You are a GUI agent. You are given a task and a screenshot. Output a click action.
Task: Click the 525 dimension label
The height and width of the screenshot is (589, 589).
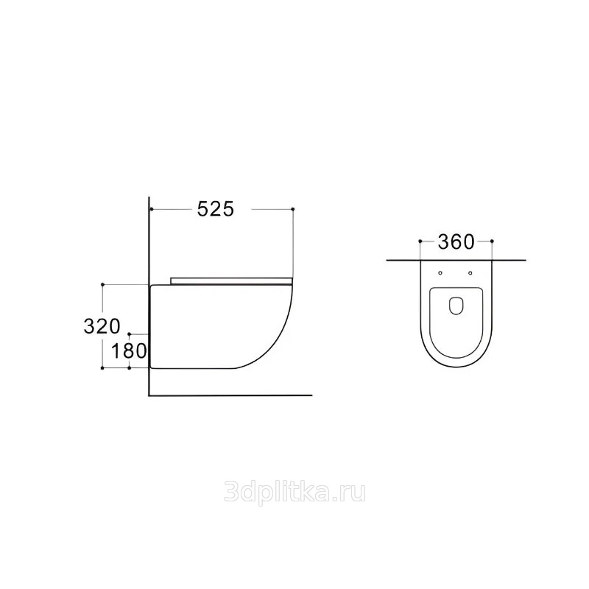pos(216,209)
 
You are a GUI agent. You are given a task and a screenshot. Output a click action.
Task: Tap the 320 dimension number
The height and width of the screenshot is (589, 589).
pos(102,326)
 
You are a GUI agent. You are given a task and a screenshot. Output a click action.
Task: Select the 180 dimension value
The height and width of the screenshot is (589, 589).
pos(128,351)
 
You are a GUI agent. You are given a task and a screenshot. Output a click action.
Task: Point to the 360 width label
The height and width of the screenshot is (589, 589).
pos(456,242)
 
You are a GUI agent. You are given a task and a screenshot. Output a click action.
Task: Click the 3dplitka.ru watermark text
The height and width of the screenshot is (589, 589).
pos(294,493)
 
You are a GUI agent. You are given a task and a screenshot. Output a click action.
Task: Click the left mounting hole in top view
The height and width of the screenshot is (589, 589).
pos(440,273)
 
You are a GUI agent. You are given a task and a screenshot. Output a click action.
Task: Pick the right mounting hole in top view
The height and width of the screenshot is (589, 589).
pos(470,273)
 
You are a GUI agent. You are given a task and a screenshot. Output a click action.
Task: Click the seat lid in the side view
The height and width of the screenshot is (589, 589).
pos(231,281)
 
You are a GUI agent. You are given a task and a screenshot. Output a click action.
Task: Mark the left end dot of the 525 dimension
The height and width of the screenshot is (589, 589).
pos(151,209)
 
